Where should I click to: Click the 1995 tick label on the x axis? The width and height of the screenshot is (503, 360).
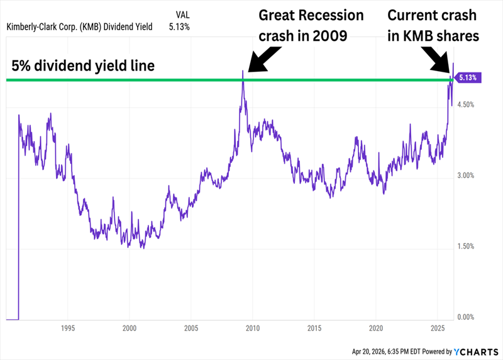68,328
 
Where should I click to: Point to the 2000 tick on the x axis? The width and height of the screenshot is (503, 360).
130,328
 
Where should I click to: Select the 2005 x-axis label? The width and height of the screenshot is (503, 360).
191,328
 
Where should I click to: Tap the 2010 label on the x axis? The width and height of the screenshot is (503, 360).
253,328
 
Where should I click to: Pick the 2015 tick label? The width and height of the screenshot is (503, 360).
314,328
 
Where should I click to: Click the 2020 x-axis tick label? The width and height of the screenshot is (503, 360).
376,328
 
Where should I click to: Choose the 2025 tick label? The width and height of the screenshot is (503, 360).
438,328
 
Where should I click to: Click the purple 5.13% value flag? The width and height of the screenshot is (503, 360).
468,78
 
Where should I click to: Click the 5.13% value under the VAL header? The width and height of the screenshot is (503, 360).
179,26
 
